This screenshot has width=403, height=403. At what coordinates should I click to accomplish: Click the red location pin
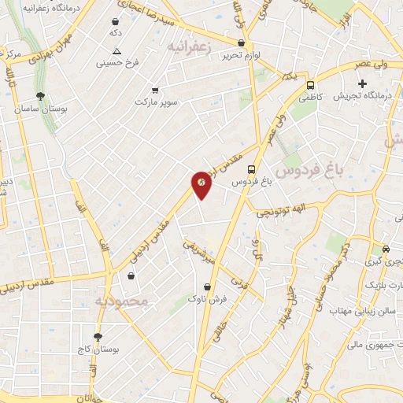tap(201, 183)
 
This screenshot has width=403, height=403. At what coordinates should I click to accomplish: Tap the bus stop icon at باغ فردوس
tap(251, 168)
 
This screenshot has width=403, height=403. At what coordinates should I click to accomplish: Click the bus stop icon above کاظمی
tap(310, 85)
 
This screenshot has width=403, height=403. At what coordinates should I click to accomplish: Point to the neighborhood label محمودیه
tap(121, 301)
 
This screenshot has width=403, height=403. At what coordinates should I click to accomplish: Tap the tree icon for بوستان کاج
tap(98, 336)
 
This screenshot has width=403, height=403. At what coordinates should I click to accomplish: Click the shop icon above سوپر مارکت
tap(155, 91)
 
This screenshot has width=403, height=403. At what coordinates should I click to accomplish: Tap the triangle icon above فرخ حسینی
tap(116, 50)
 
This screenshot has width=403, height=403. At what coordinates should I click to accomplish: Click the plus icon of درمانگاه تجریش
tap(362, 83)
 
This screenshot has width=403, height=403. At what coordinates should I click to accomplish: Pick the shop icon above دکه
tap(116, 23)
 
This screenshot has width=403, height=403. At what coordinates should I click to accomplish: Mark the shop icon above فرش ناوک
tap(208, 287)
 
